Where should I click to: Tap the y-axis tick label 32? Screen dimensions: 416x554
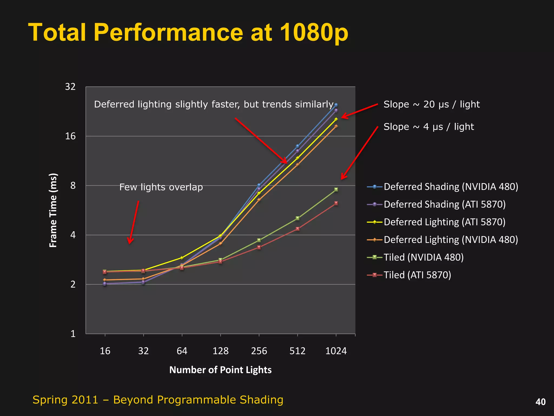click(70, 87)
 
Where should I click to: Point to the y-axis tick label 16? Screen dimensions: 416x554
click(70, 136)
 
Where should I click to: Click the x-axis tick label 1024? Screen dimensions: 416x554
click(336, 351)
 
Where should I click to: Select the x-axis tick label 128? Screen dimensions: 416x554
click(220, 351)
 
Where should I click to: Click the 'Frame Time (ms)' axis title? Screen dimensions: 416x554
click(53, 210)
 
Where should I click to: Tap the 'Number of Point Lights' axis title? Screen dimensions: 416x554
click(220, 370)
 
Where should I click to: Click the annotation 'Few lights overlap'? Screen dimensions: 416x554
click(161, 187)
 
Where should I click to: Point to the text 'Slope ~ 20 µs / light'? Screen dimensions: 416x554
click(431, 104)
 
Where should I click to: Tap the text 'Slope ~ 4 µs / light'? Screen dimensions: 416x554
click(428, 127)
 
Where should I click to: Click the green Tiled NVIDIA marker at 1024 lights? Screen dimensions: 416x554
click(336, 190)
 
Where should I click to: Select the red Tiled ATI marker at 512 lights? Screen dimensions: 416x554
click(298, 229)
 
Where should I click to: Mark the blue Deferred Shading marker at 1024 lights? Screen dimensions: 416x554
click(336, 105)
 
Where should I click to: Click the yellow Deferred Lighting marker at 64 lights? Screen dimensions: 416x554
click(182, 258)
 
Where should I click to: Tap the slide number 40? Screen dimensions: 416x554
click(540, 402)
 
